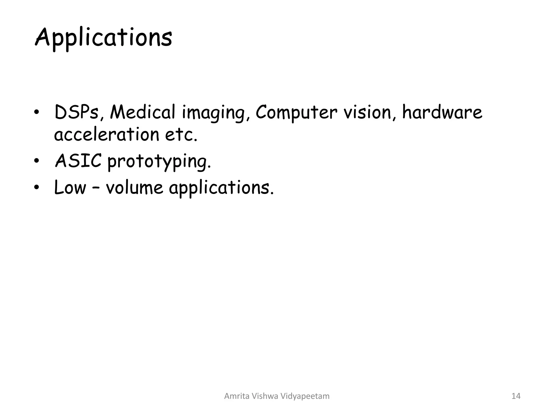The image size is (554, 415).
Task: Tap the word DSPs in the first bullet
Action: [x=77, y=112]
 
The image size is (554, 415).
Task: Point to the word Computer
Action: [x=296, y=112]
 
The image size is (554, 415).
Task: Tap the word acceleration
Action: [x=107, y=134]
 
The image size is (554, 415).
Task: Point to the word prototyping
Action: [x=159, y=162]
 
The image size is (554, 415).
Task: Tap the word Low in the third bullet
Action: [x=70, y=187]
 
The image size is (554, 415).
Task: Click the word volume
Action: [x=134, y=187]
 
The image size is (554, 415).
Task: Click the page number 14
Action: [x=516, y=396]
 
